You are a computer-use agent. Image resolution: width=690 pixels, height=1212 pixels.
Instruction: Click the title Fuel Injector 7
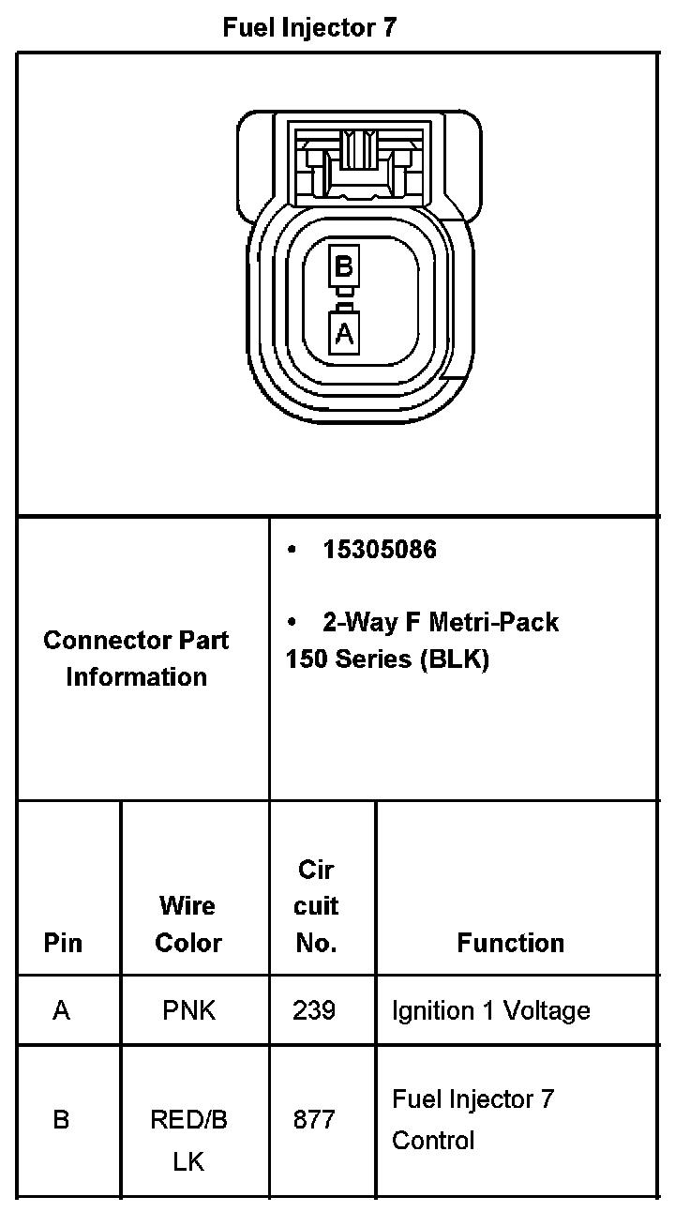pyautogui.click(x=309, y=28)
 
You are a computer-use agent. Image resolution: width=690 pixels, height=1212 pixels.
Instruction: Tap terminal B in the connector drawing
pyautogui.click(x=344, y=266)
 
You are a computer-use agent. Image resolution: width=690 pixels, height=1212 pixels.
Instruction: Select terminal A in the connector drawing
pyautogui.click(x=344, y=332)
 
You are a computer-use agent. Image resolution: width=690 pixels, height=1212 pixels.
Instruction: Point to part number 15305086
pyautogui.click(x=380, y=550)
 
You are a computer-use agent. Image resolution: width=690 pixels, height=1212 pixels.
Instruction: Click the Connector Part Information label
pyautogui.click(x=137, y=659)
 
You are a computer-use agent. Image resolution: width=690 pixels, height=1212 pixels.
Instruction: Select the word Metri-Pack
pyautogui.click(x=494, y=622)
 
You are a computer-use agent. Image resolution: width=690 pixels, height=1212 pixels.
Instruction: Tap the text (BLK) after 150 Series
pyautogui.click(x=455, y=659)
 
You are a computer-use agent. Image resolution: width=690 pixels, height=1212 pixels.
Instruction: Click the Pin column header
pyautogui.click(x=63, y=943)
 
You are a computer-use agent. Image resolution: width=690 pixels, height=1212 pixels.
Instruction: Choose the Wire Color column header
pyautogui.click(x=188, y=924)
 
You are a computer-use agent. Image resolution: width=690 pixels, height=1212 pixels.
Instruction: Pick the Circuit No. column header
pyautogui.click(x=317, y=906)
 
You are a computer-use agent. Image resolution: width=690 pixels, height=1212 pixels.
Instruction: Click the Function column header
pyautogui.click(x=511, y=943)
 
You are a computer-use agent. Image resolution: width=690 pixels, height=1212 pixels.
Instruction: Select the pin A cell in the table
pyautogui.click(x=62, y=1010)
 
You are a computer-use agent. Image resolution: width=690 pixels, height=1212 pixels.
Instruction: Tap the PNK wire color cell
pyautogui.click(x=188, y=1010)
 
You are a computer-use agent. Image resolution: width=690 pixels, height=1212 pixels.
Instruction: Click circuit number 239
pyautogui.click(x=315, y=1010)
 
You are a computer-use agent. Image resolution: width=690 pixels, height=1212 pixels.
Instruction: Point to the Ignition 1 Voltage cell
pyautogui.click(x=490, y=1010)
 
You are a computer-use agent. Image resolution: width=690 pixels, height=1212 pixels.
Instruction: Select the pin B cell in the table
pyautogui.click(x=62, y=1120)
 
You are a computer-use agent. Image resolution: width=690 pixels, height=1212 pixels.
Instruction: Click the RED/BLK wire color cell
pyautogui.click(x=188, y=1140)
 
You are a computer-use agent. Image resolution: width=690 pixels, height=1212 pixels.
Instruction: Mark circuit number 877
pyautogui.click(x=315, y=1120)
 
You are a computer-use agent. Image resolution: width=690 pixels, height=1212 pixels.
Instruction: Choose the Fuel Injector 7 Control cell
pyautogui.click(x=472, y=1119)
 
